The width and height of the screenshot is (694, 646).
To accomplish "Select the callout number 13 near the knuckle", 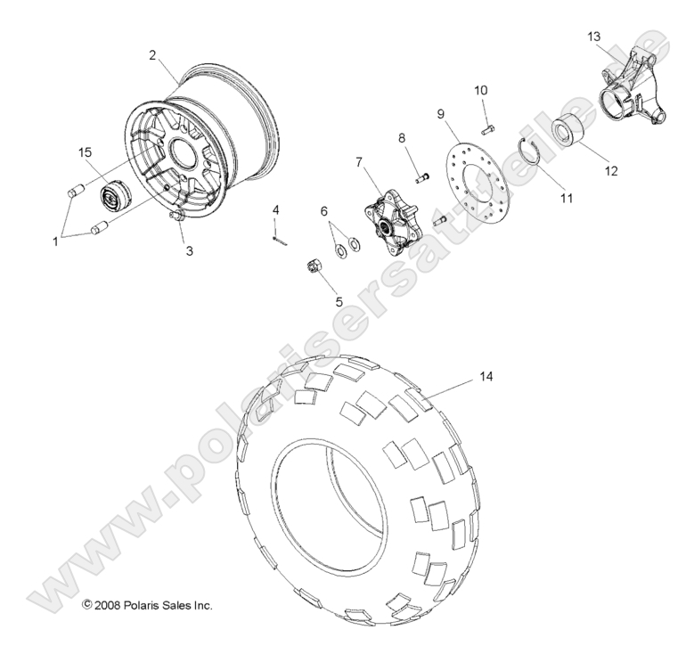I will (x=594, y=36).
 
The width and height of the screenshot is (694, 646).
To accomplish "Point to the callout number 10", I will (x=480, y=91).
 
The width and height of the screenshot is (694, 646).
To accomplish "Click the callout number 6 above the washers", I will (x=323, y=210).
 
